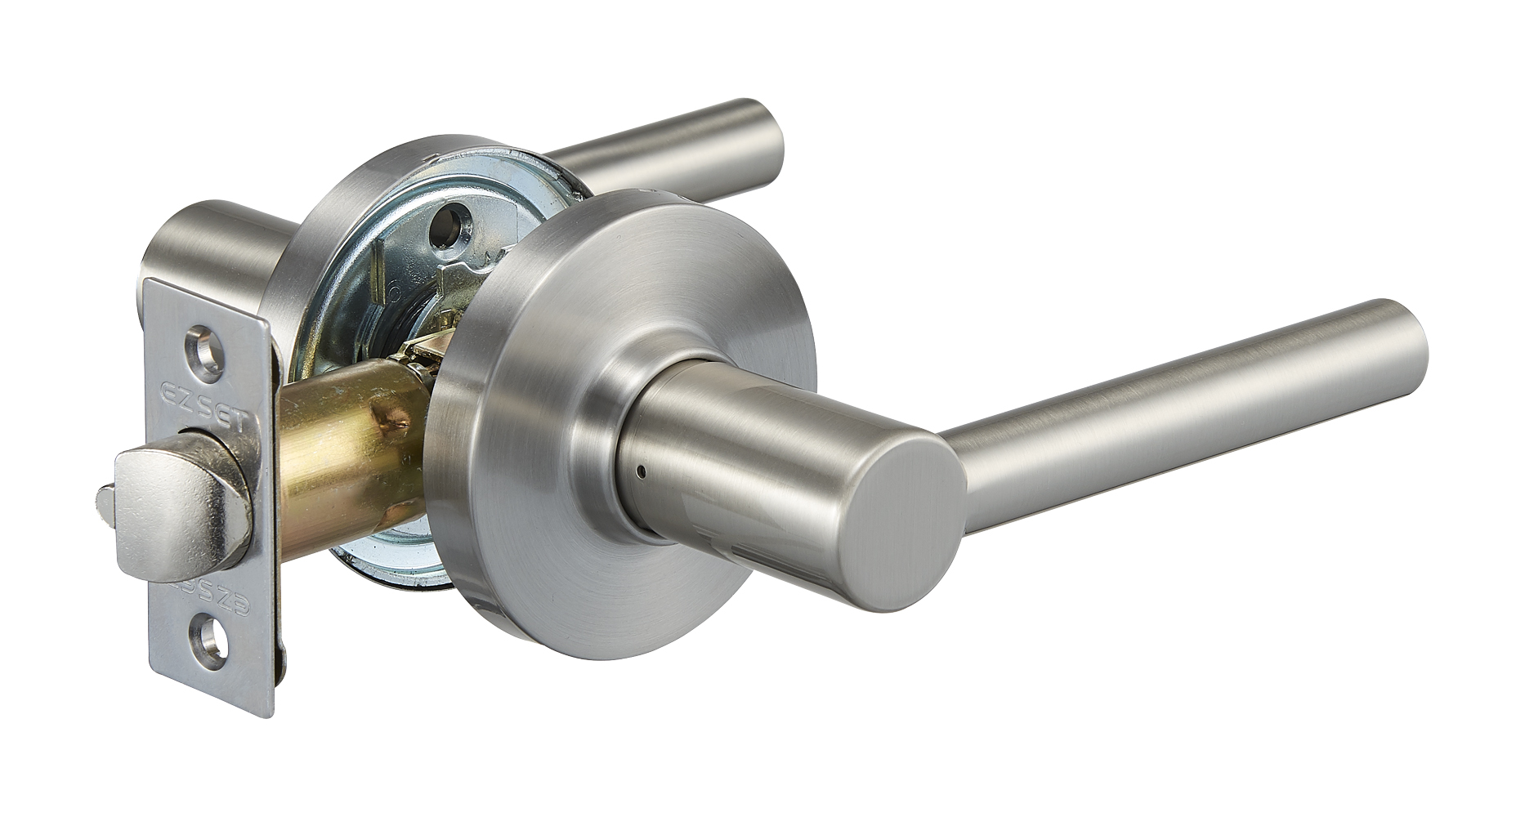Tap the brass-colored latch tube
point(343,466)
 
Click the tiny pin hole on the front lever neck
point(644,471)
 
